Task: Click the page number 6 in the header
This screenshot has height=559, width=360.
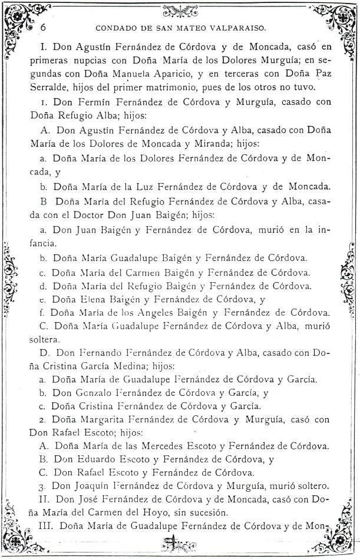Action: point(44,27)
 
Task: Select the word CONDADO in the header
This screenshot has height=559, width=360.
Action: point(113,27)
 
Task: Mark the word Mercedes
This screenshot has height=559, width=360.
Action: point(171,445)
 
